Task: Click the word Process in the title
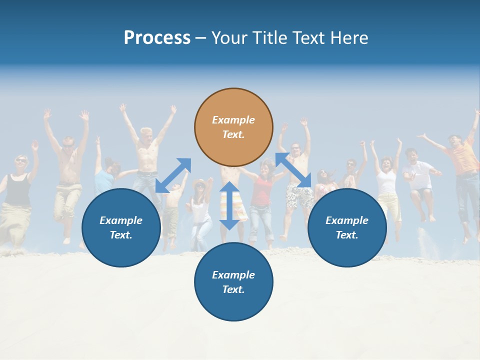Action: click(157, 38)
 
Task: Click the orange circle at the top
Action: click(233, 127)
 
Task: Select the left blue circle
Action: click(121, 227)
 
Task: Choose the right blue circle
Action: click(347, 227)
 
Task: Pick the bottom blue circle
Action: click(233, 282)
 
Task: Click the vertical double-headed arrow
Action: click(229, 205)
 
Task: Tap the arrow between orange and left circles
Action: click(173, 175)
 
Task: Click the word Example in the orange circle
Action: click(233, 120)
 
